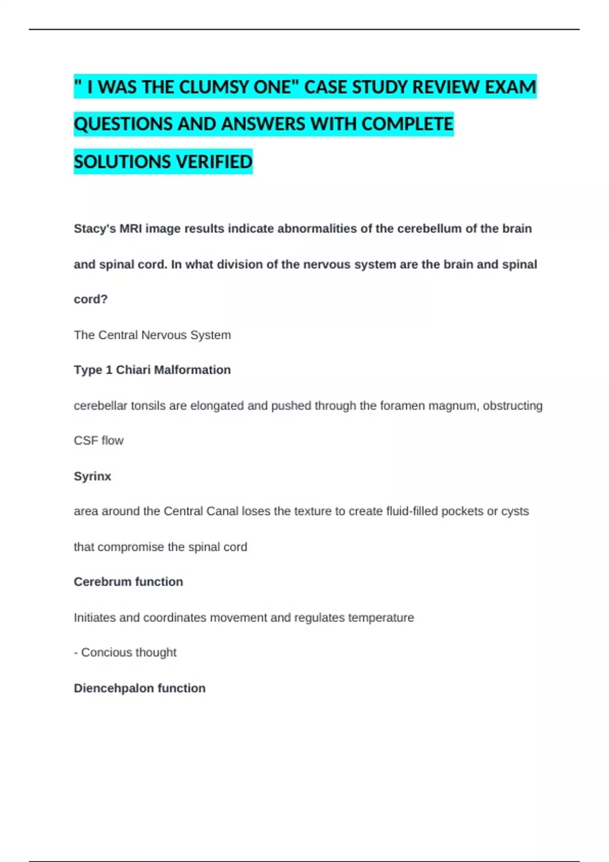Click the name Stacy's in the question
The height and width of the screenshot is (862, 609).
coord(94,229)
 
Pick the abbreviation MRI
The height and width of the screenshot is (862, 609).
coord(131,229)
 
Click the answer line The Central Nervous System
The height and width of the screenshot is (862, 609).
coord(152,335)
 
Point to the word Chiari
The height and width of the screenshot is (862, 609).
coord(133,370)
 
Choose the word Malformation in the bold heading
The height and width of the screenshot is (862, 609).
coord(192,370)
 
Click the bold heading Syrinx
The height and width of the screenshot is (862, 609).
coord(92,476)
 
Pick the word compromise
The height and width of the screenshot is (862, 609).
coord(131,547)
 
